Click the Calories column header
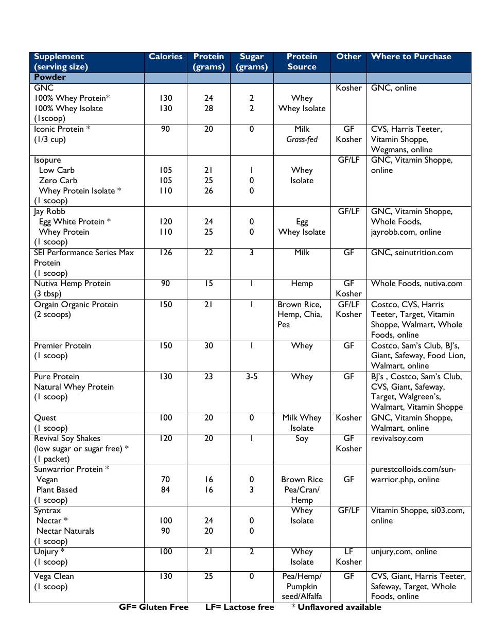166,57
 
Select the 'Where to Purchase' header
411,57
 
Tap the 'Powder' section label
50,77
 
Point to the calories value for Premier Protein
166,346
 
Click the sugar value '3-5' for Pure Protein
252,377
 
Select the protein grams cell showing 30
208,346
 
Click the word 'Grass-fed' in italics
302,139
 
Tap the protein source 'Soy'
302,438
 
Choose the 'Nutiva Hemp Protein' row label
72,284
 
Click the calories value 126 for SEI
166,253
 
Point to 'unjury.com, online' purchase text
404,552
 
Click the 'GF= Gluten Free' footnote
154,607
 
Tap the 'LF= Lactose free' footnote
239,607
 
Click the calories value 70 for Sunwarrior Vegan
166,480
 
